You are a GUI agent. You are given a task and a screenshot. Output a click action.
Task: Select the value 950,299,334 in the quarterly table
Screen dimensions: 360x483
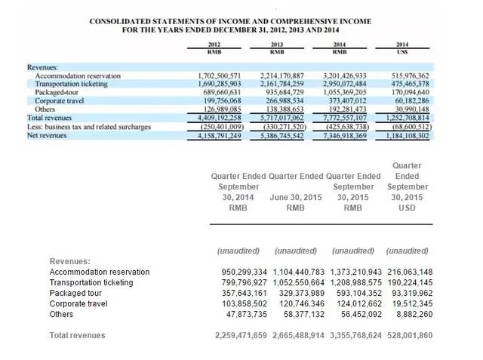click(241, 272)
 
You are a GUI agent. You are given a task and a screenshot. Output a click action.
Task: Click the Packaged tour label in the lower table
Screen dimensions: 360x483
click(76, 293)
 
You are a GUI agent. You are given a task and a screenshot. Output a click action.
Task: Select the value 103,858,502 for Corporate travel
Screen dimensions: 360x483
click(241, 303)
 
